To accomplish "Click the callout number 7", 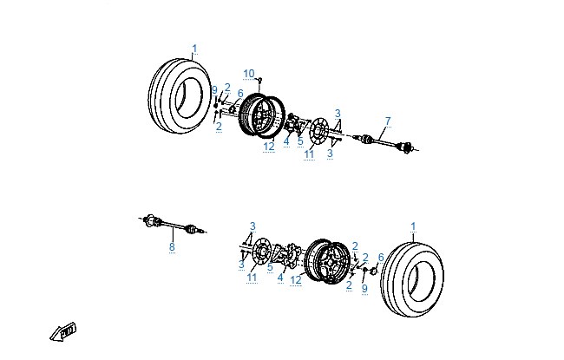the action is click(x=388, y=121).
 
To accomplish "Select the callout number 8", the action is click(x=172, y=246).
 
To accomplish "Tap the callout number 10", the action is click(x=249, y=74).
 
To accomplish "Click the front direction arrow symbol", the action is click(x=63, y=331).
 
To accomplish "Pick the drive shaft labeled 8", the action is click(x=173, y=225).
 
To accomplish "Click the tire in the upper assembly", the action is click(x=180, y=96).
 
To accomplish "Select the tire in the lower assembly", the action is click(x=412, y=279).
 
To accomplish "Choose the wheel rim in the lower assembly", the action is click(x=327, y=261).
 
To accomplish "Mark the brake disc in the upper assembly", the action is click(x=318, y=131).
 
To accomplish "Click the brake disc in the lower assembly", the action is click(x=261, y=251).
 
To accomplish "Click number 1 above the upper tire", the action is click(x=194, y=49).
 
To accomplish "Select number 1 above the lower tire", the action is click(x=413, y=226).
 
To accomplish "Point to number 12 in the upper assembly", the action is click(x=269, y=147).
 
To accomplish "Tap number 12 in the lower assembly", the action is click(x=296, y=280).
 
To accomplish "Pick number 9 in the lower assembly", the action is click(x=364, y=288).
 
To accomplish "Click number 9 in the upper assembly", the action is click(x=214, y=90).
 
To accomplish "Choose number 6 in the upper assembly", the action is click(x=240, y=94).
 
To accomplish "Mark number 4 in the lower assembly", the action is click(x=280, y=278).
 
